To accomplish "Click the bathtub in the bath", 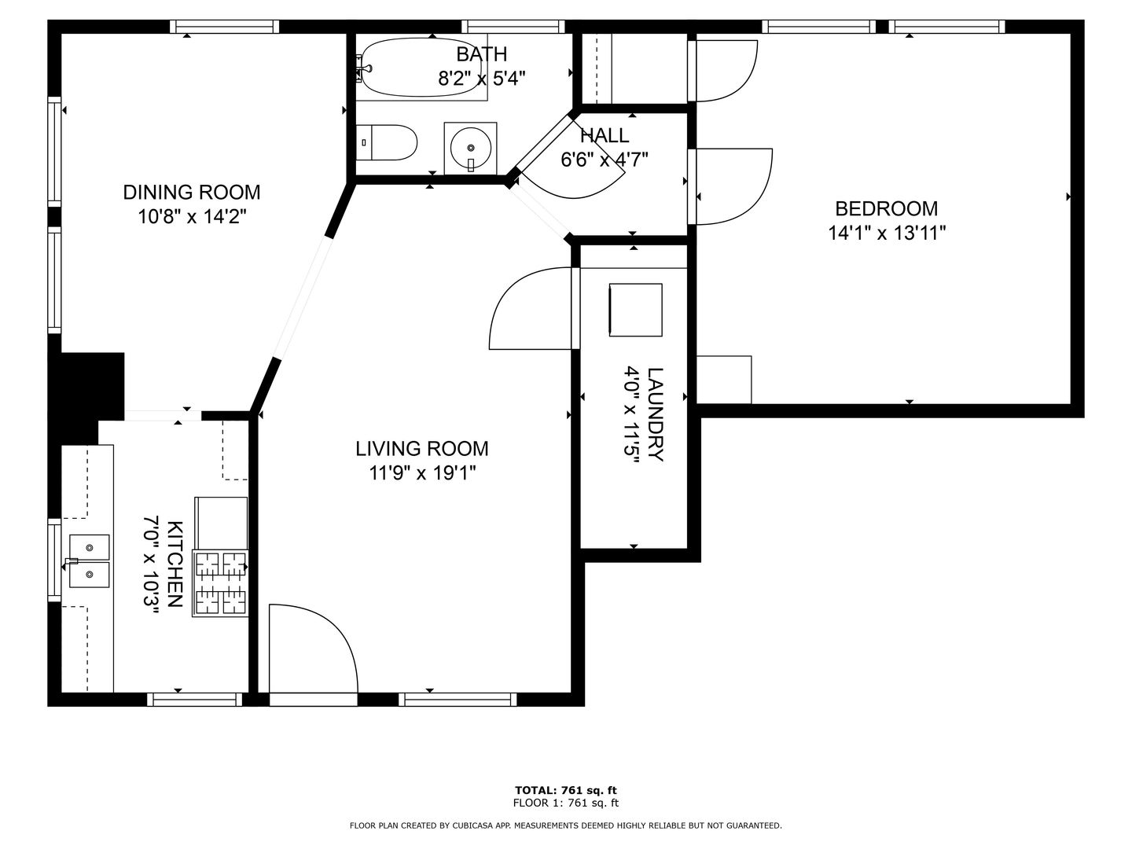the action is pos(421,67).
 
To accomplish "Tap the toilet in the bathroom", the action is pos(386,142).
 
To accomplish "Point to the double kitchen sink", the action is pos(89,560).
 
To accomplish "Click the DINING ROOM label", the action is pos(191,193).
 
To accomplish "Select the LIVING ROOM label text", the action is pos(422,448).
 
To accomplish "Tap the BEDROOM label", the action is pos(886,209).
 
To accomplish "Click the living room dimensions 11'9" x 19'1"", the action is pos(422,472).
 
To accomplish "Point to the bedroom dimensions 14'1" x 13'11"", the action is pos(887,233).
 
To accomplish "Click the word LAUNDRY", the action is pos(655,414).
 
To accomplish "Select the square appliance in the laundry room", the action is pos(635,310).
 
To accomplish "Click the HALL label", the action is pos(605,135).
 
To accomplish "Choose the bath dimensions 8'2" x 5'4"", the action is pos(482,79).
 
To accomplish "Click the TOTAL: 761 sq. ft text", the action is pos(566,790).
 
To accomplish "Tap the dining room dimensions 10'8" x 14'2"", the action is pos(191,216).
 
